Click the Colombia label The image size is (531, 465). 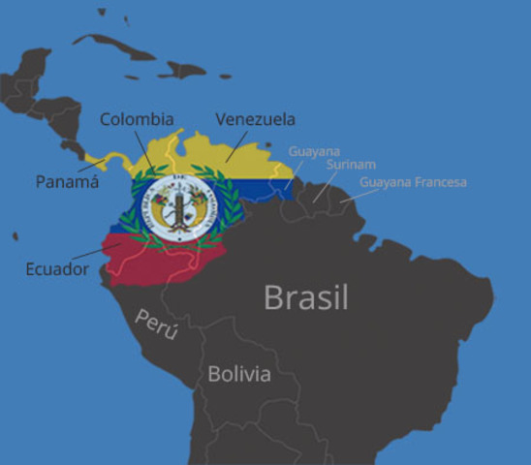[137, 119]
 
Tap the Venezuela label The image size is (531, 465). [255, 119]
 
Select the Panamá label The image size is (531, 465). [67, 181]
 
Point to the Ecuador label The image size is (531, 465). [57, 268]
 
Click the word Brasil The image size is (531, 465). [306, 296]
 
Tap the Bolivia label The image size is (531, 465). [239, 373]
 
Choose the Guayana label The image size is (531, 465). [314, 151]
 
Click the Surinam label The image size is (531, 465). [351, 165]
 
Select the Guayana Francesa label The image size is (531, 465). [413, 182]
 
